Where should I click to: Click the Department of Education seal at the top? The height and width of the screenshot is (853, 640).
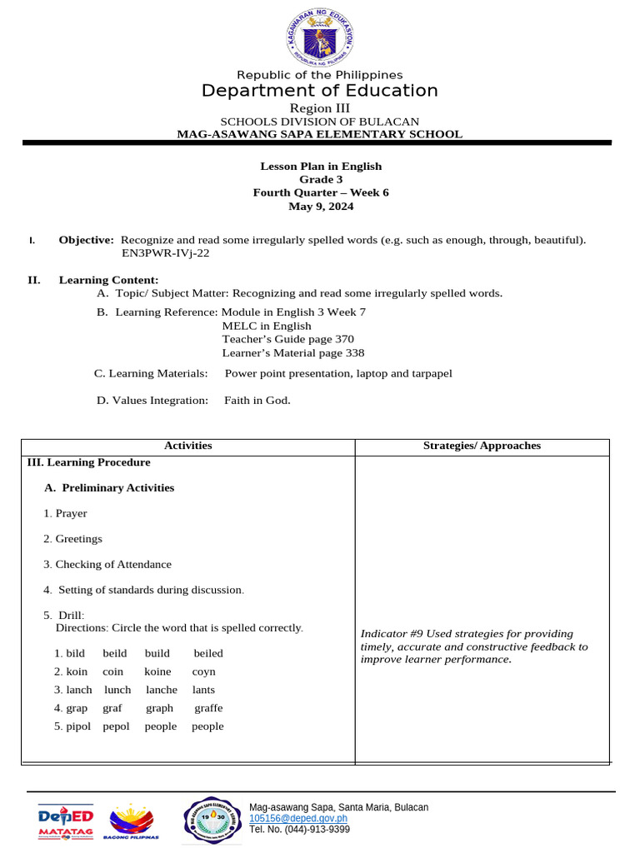320,33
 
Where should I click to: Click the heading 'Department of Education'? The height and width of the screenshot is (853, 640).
319,91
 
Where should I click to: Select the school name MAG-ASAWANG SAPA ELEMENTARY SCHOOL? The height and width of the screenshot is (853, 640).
319,134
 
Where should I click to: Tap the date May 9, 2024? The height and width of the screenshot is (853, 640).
321,207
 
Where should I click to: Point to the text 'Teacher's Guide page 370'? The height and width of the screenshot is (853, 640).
287,339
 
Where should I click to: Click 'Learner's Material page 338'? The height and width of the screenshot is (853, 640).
292,352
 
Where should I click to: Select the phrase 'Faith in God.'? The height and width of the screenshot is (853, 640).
257,401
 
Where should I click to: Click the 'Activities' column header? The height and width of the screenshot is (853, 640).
188,446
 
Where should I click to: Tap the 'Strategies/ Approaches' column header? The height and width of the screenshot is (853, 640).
482,446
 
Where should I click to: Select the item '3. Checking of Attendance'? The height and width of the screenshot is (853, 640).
107,565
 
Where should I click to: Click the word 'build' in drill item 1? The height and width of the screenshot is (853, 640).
157,654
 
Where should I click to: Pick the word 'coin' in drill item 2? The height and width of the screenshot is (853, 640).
112,671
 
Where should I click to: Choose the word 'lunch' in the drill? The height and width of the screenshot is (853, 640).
117,690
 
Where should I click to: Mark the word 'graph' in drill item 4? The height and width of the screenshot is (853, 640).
159,708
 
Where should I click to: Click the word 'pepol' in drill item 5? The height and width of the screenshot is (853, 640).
116,726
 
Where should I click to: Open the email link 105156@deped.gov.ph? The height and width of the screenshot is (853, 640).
298,819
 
